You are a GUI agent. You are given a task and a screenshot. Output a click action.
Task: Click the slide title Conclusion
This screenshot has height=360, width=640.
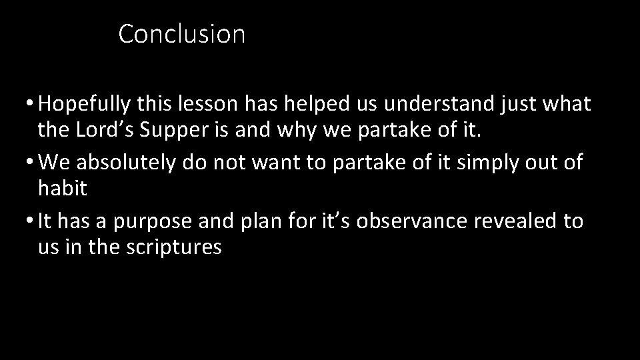point(182,34)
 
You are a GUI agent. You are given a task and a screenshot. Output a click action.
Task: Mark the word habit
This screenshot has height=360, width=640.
point(63,189)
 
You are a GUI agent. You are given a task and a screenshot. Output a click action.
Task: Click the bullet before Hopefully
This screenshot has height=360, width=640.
point(31,105)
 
